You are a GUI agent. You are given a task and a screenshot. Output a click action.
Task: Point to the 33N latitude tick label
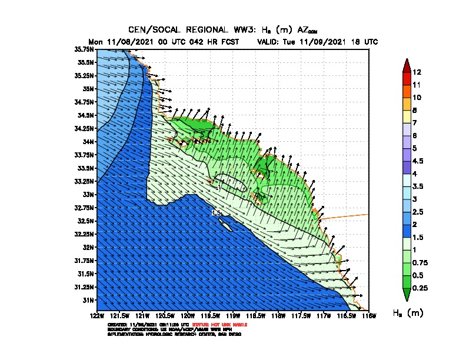tap(88, 194)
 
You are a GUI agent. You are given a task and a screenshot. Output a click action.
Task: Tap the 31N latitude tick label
tap(88, 300)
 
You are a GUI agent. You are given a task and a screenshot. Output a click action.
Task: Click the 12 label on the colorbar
tap(417, 72)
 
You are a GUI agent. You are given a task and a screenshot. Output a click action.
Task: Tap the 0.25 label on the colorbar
tap(420, 288)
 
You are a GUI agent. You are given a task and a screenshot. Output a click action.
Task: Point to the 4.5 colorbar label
tap(418, 161)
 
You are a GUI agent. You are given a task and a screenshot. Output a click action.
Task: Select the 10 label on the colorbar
tap(417, 97)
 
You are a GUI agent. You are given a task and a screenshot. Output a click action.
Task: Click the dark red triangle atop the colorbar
tap(407, 65)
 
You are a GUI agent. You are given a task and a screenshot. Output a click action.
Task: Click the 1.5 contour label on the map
tap(216, 212)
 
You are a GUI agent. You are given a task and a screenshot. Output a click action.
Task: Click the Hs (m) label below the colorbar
tap(407, 313)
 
